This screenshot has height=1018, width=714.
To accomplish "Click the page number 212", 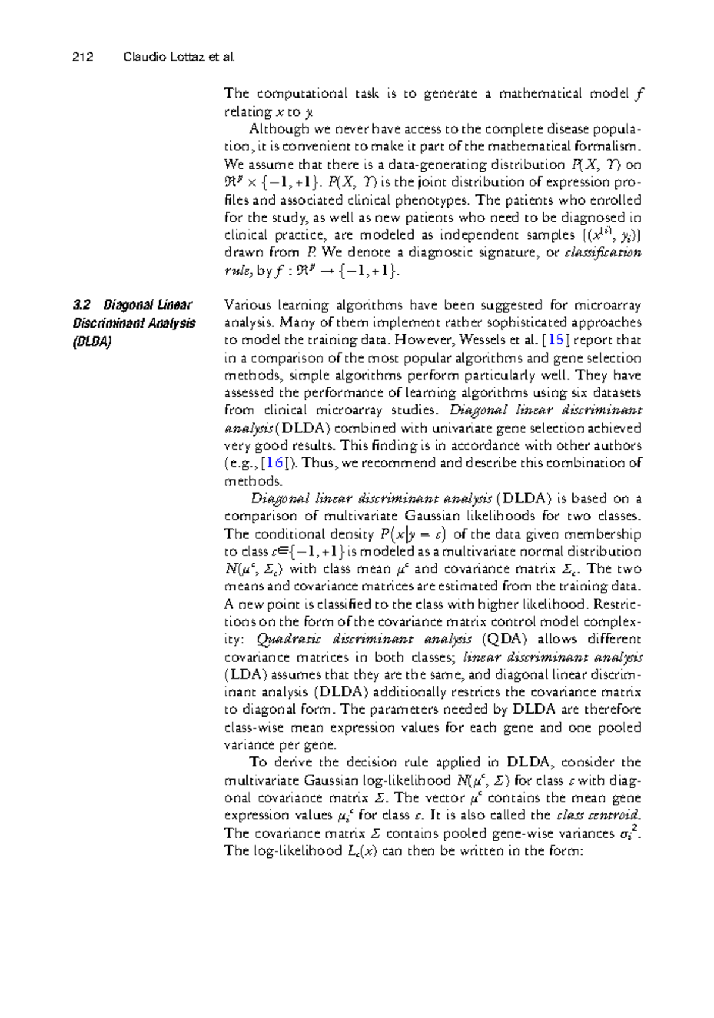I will [x=83, y=58].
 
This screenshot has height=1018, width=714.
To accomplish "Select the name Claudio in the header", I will [x=140, y=58].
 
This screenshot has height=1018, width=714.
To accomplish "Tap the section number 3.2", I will [x=82, y=306].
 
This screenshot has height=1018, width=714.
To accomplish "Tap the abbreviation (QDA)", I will [x=505, y=639].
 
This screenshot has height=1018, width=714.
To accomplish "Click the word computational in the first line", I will [x=302, y=93].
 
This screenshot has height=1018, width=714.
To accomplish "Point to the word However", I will [x=425, y=340].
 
